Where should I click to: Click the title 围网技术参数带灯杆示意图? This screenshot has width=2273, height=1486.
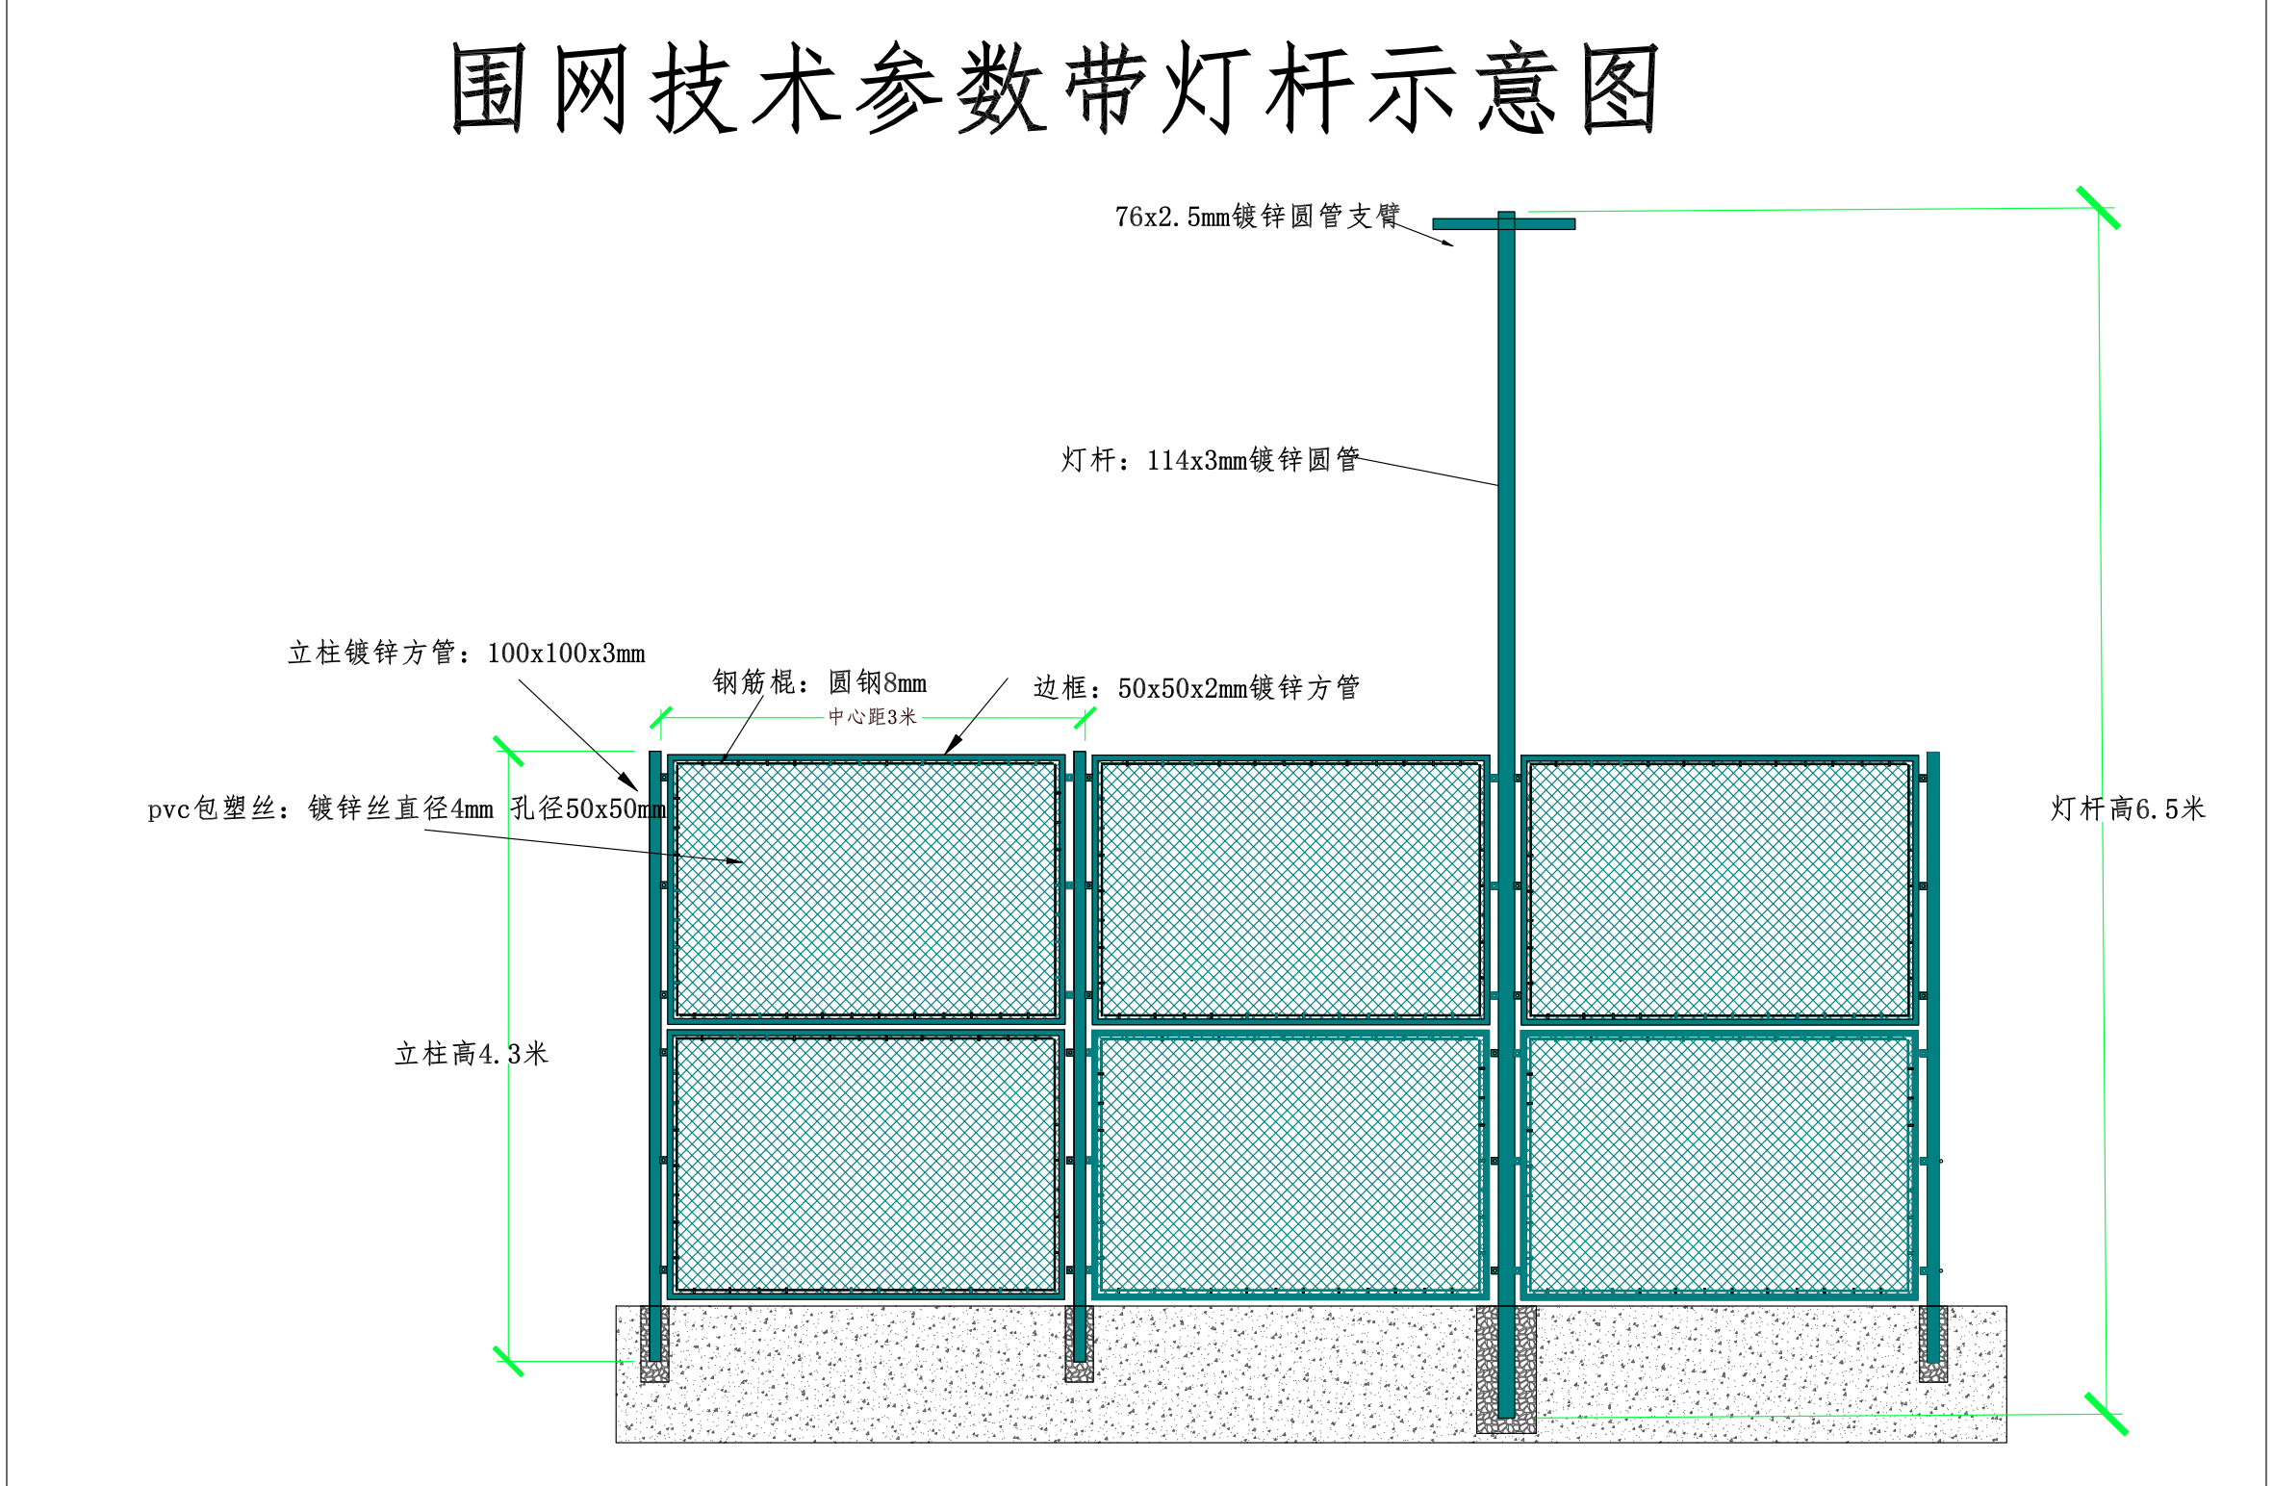[1055, 89]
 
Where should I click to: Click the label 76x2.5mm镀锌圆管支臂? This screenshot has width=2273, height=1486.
[1257, 217]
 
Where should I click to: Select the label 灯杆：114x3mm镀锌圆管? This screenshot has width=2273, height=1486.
[1210, 460]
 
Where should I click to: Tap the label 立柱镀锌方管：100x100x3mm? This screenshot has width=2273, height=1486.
[466, 653]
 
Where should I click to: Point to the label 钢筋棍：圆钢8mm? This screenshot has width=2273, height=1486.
[819, 683]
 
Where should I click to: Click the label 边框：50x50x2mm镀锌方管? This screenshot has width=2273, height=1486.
[1196, 688]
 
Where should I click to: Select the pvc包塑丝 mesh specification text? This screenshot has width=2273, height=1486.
[406, 808]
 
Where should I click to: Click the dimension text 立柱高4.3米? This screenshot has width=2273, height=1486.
[472, 1054]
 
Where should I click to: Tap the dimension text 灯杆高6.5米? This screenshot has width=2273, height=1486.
[2127, 808]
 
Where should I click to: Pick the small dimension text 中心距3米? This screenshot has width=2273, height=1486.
[873, 717]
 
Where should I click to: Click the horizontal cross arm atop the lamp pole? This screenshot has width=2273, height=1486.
[1503, 224]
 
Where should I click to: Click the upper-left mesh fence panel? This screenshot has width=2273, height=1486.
[866, 888]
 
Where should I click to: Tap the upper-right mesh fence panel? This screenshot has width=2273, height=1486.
[1719, 888]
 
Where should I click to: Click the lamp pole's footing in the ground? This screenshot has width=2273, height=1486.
[1506, 1371]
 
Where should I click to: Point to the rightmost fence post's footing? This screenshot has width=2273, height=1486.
[1932, 1345]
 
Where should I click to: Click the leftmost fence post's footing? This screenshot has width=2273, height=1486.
[654, 1345]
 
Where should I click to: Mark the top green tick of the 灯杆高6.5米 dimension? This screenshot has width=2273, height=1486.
[2098, 208]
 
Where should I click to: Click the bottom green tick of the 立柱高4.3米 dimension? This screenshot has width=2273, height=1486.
[508, 1361]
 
